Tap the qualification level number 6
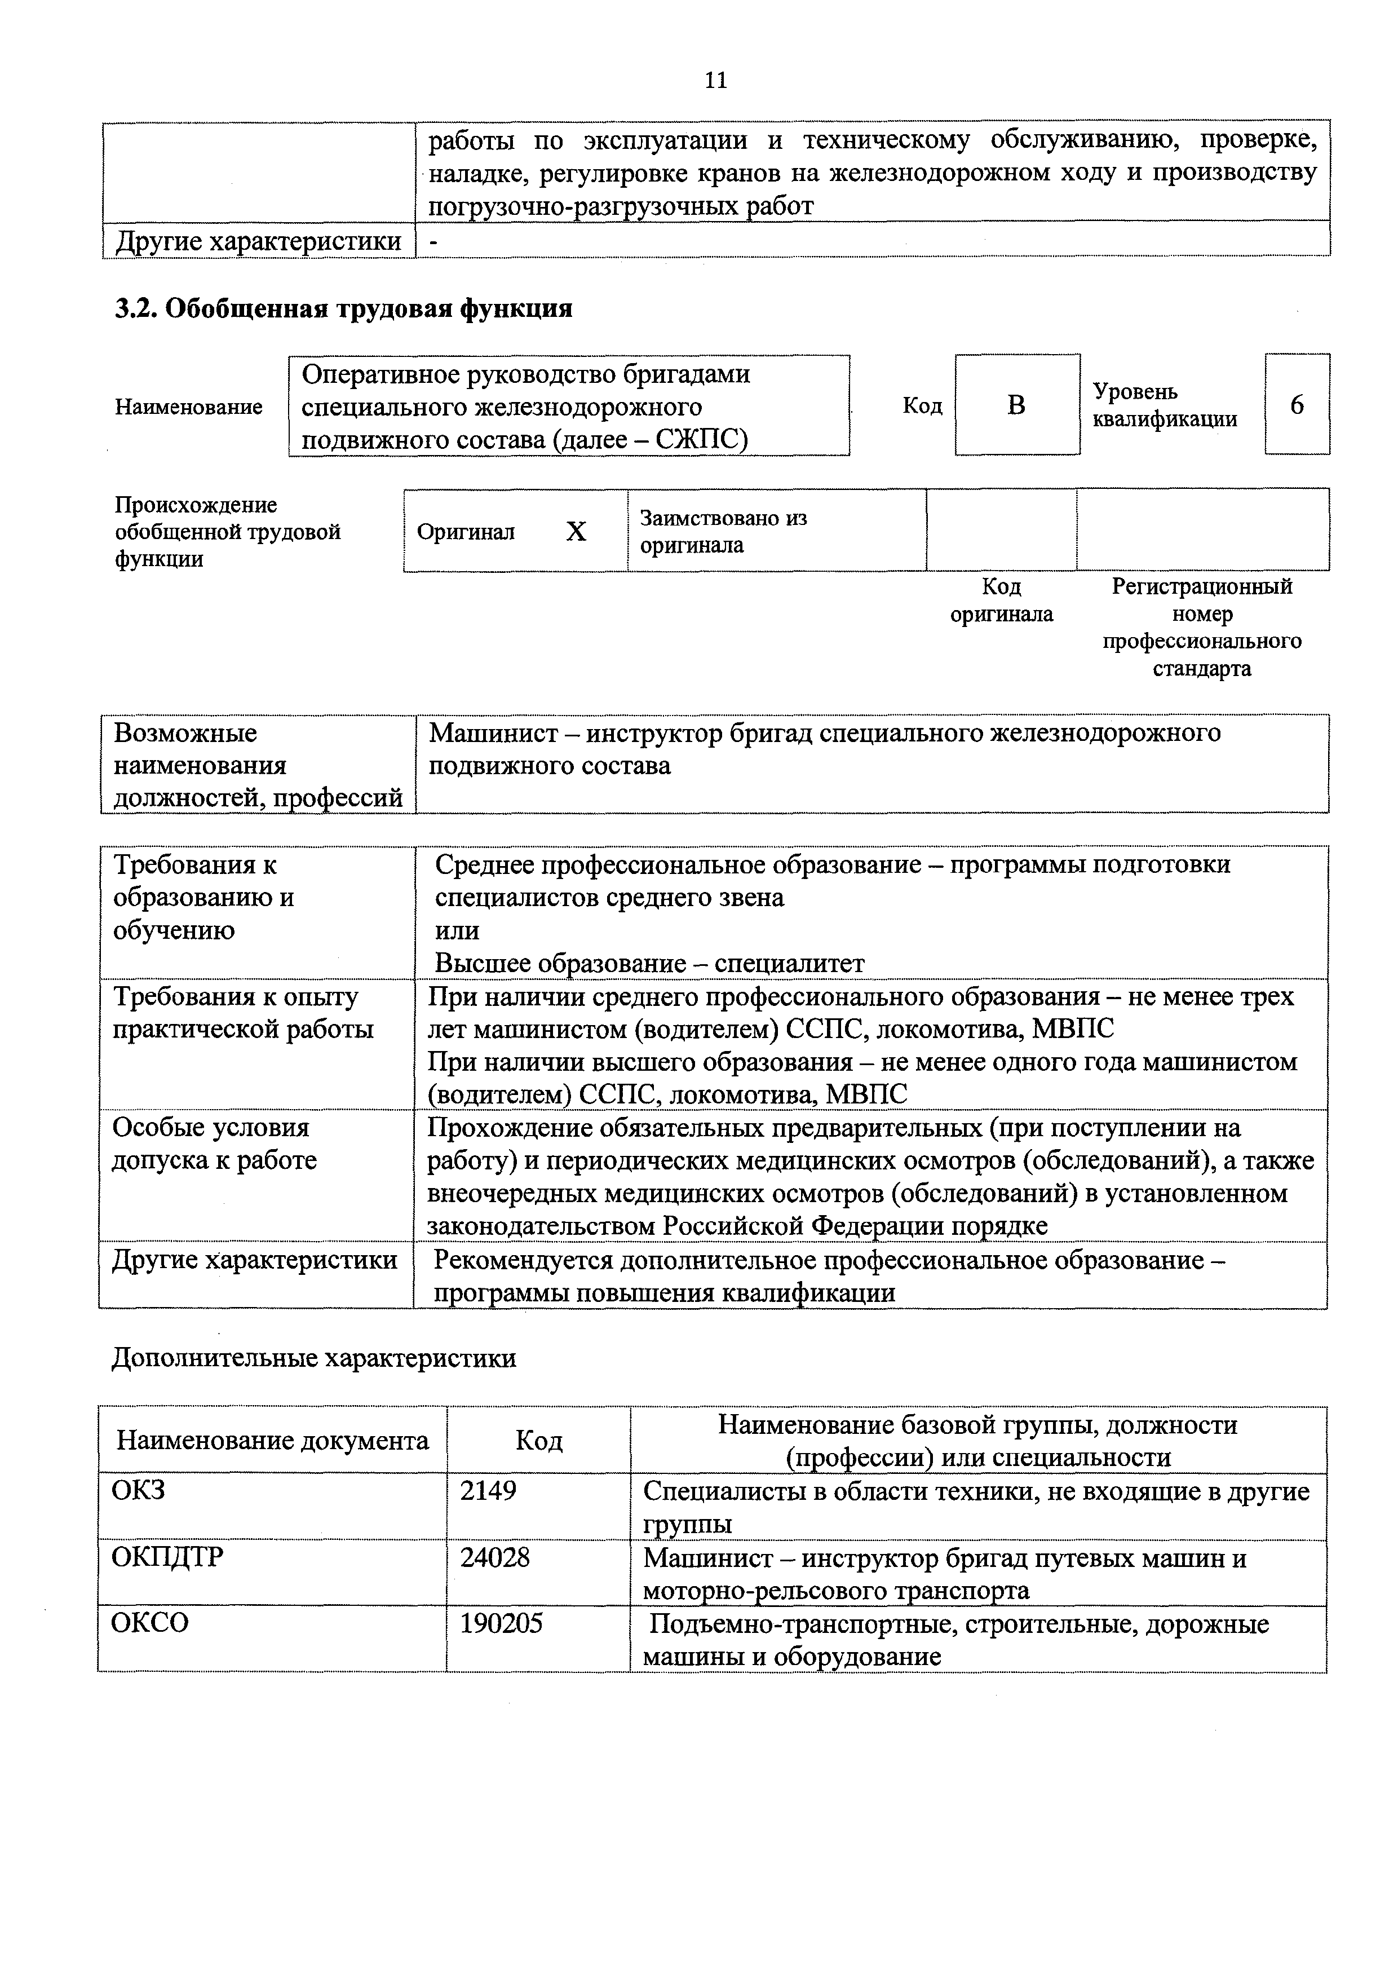[1297, 404]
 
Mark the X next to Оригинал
[576, 532]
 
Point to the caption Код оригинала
[1001, 601]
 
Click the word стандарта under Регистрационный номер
[1202, 669]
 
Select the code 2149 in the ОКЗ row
[488, 1490]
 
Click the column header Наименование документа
[272, 1441]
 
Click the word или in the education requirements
[457, 930]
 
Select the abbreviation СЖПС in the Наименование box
[700, 439]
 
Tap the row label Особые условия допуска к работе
[214, 1143]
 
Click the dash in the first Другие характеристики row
[433, 242]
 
